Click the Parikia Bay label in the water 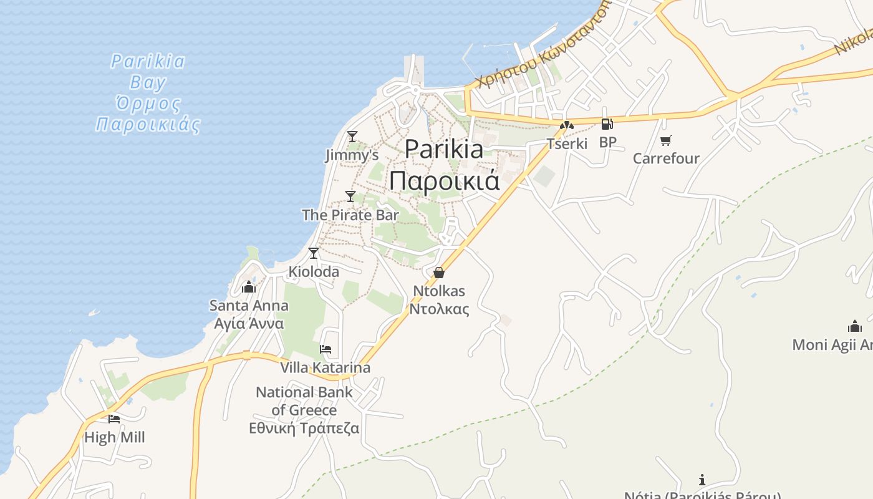tap(148, 72)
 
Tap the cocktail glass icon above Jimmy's tap(352, 136)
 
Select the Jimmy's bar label tap(352, 155)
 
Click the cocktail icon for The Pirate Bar tap(350, 196)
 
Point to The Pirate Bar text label tap(350, 215)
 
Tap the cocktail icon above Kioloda tap(314, 253)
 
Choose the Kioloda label tap(314, 272)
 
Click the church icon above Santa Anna tap(249, 287)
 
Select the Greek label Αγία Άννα tap(249, 324)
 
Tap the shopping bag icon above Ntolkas tap(439, 273)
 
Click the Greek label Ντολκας tap(439, 309)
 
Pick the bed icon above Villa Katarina tap(326, 349)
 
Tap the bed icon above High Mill tap(113, 419)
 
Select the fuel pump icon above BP tap(607, 124)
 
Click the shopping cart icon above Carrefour tap(666, 140)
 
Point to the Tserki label tap(567, 143)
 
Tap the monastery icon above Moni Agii tap(854, 326)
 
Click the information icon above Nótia tap(702, 480)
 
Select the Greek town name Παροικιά tap(445, 180)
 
